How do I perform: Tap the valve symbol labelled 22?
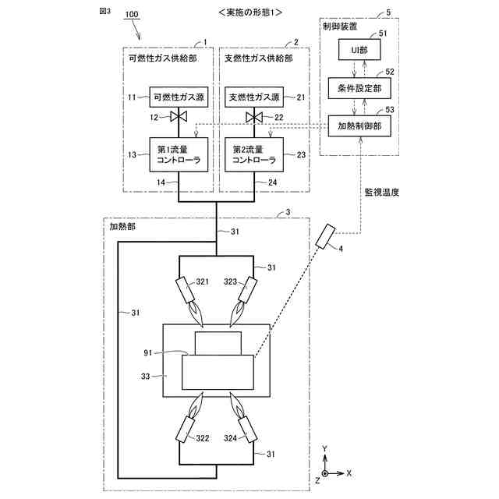[x=253, y=118]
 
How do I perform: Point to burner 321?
[x=187, y=291]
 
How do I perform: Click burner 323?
[x=249, y=291]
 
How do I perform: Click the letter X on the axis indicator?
[x=350, y=472]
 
